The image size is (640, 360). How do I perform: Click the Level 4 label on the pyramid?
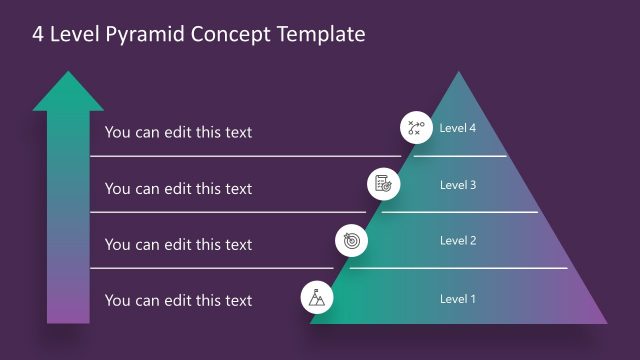click(458, 128)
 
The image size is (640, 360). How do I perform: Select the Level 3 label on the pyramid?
click(458, 184)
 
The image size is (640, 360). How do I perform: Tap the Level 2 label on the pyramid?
click(458, 240)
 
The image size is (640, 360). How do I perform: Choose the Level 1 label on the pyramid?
click(458, 298)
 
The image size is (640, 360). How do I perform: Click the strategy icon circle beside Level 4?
click(415, 128)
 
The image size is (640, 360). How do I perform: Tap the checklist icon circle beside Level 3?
click(383, 184)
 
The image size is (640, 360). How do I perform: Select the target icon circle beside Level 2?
click(351, 240)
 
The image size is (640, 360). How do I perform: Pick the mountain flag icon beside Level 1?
click(317, 297)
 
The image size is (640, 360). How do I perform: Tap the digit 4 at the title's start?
click(39, 35)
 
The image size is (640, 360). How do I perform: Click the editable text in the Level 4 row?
click(178, 132)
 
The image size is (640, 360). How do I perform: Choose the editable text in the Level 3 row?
click(178, 188)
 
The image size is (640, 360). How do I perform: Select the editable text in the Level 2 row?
click(178, 244)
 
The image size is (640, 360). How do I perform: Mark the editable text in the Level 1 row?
click(178, 300)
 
